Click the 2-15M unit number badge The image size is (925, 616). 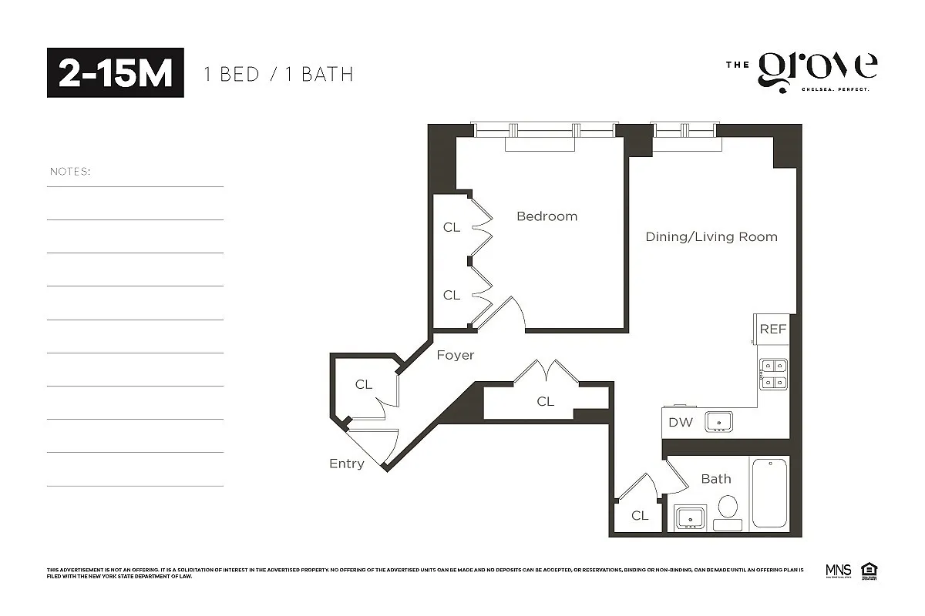point(116,73)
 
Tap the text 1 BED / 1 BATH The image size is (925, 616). point(278,75)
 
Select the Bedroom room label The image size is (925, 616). point(547,216)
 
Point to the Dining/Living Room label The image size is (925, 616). point(711,237)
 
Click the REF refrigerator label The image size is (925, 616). point(772,330)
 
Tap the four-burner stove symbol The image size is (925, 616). point(772,374)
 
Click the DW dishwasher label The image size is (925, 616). point(680,422)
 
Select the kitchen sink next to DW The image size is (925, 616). point(719,422)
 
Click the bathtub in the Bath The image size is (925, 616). point(769,493)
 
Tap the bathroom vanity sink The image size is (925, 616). point(691,517)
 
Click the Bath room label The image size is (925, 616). point(715,479)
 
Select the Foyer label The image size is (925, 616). point(455,356)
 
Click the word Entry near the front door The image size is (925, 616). point(346,464)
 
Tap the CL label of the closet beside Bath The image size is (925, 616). point(640,516)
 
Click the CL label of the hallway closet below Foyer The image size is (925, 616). point(545,401)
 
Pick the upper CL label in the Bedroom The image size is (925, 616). point(452,227)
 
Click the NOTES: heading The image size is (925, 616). point(70,171)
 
